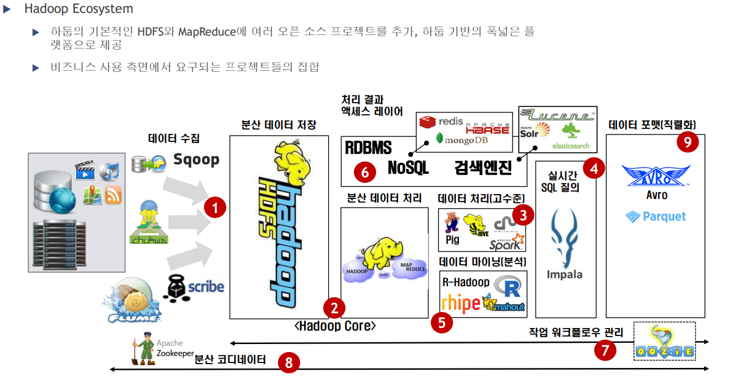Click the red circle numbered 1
214,208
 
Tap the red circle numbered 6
364,173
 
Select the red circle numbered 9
688,143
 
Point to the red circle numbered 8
288,362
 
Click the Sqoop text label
196,160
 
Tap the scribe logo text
205,287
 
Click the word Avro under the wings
656,195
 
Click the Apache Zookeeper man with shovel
144,349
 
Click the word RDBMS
367,148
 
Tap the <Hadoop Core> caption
334,326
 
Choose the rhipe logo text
460,303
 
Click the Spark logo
507,243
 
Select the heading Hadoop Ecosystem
79,9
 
